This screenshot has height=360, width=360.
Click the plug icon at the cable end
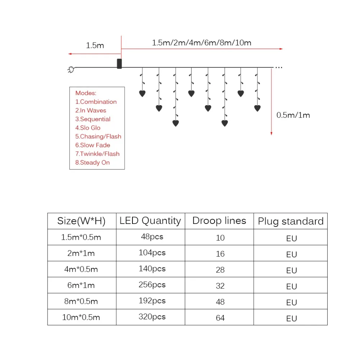tap(71, 71)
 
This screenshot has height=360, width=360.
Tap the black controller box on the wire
tap(120, 64)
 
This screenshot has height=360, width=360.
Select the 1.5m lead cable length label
tap(95, 45)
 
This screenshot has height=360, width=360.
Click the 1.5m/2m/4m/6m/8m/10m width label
tap(202, 42)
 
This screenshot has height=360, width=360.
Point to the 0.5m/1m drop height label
tap(293, 115)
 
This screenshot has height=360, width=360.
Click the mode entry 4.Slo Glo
tap(88, 128)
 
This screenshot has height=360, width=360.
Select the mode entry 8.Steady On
tap(93, 162)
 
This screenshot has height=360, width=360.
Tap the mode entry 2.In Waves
tap(91, 111)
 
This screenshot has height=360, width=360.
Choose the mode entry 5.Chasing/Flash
tap(98, 136)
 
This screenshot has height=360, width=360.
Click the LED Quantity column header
tap(150, 221)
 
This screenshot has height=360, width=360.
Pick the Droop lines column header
tap(219, 221)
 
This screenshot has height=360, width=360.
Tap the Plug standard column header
tap(291, 221)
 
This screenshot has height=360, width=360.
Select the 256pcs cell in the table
tap(152, 285)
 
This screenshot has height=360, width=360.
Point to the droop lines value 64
tap(220, 318)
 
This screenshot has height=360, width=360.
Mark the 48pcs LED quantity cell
tap(152, 237)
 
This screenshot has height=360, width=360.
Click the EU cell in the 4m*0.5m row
tap(291, 270)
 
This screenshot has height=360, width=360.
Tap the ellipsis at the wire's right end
tap(279, 67)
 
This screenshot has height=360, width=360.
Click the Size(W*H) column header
tap(81, 221)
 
